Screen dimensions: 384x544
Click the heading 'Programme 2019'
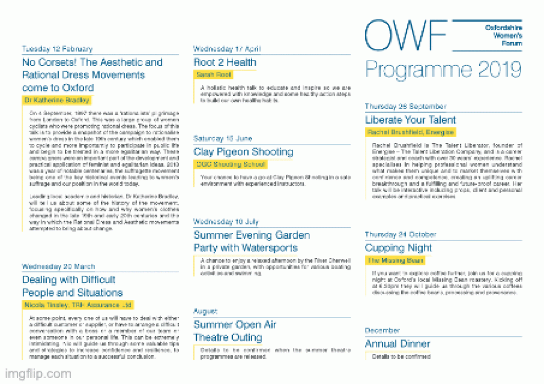click(x=443, y=70)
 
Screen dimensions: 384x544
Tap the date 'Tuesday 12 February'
click(x=57, y=49)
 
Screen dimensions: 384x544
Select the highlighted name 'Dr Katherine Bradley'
click(x=57, y=100)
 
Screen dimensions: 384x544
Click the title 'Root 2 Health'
click(x=225, y=62)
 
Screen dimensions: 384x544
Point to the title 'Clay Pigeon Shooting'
click(x=243, y=152)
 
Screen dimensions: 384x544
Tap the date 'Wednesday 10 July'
click(x=226, y=222)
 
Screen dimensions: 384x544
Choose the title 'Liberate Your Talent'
click(x=410, y=120)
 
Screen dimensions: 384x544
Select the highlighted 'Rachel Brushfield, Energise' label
click(x=410, y=132)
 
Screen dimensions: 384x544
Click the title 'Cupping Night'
click(x=399, y=248)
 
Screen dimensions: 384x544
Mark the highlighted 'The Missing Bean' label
click(x=395, y=260)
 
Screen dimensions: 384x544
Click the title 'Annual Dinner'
click(x=398, y=343)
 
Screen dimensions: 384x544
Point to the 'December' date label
click(x=382, y=330)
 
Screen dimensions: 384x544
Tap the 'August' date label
click(x=205, y=311)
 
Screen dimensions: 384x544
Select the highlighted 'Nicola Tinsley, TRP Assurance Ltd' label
click(x=78, y=305)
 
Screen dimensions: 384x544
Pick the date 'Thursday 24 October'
click(x=401, y=234)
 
